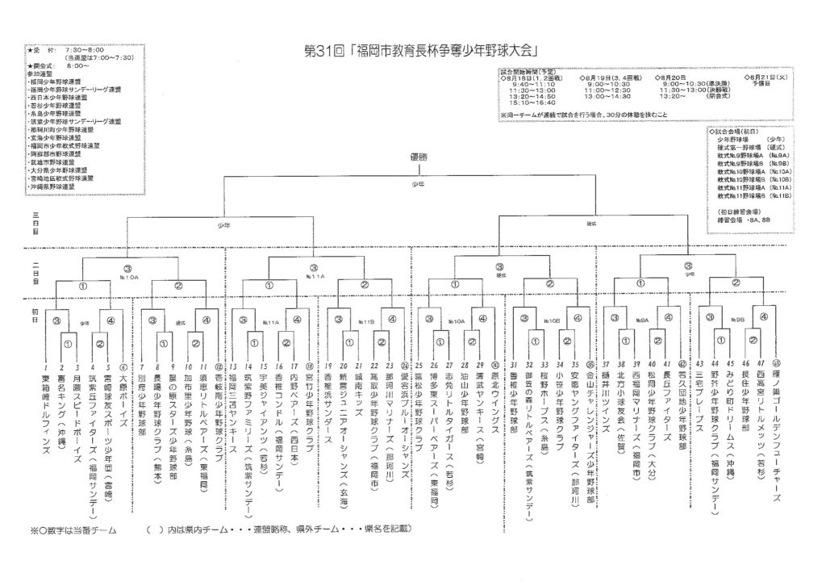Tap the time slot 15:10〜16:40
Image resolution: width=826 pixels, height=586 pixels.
point(532,103)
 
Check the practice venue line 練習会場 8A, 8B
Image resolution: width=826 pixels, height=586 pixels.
point(747,217)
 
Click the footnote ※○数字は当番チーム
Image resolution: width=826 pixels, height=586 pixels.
point(73,529)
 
